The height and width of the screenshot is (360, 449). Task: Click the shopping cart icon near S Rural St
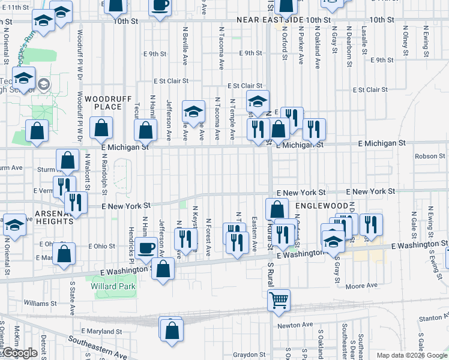tap(279, 299)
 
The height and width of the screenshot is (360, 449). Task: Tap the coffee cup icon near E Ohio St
tap(146, 248)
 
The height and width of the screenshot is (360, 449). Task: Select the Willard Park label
tap(113, 286)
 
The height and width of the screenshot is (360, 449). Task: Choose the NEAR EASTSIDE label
tap(270, 20)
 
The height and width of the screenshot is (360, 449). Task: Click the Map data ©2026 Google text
tap(411, 355)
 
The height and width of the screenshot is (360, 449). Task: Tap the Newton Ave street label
tap(295, 325)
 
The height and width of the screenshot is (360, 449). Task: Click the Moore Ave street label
tap(364, 285)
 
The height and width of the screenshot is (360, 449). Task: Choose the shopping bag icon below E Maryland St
tap(171, 329)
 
